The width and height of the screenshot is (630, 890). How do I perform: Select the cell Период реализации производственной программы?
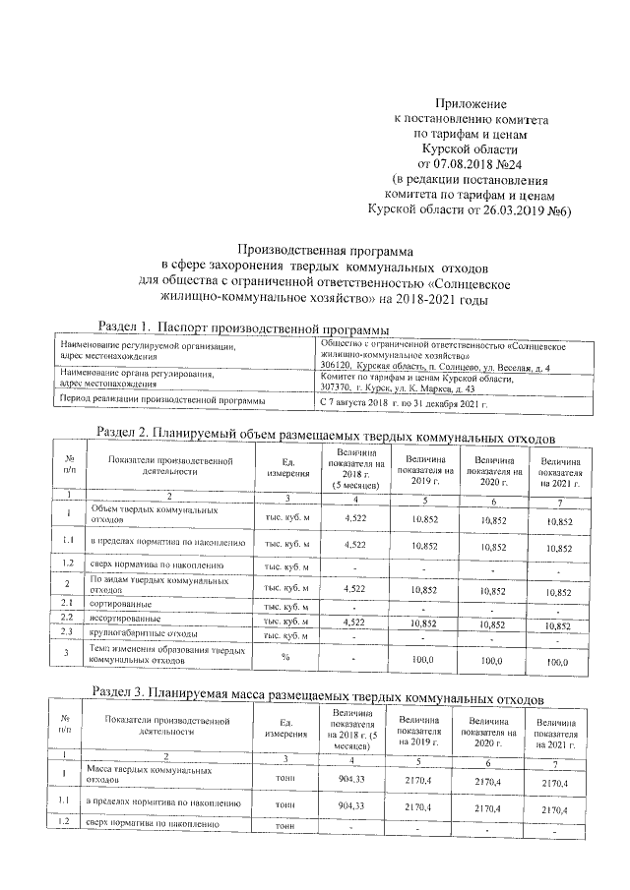(162, 402)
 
